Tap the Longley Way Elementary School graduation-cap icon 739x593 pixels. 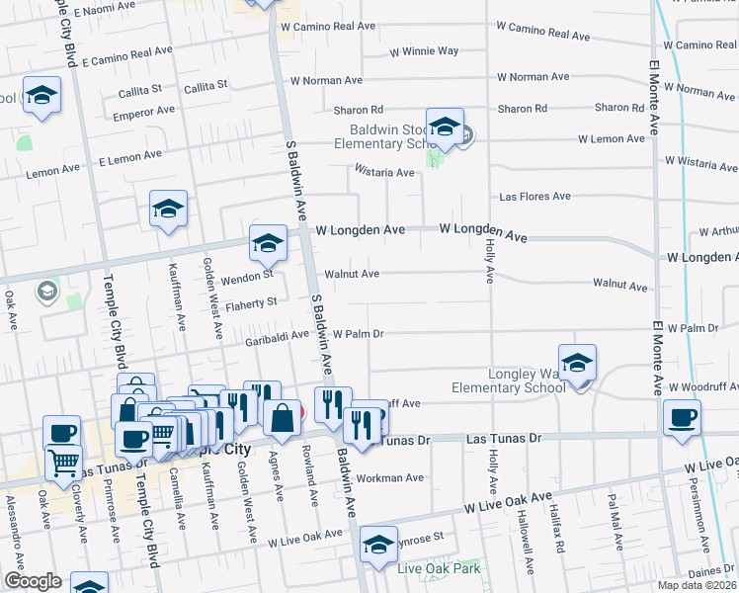click(x=578, y=362)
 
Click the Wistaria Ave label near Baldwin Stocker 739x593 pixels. click(x=385, y=172)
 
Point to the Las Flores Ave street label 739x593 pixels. click(x=534, y=197)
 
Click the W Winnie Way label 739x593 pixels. click(x=424, y=50)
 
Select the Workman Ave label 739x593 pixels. click(x=389, y=477)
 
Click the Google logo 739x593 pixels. click(x=33, y=581)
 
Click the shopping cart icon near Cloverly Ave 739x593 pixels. click(x=63, y=460)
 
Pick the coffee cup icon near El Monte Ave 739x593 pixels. click(x=682, y=417)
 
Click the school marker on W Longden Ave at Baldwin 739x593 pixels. click(x=268, y=243)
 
